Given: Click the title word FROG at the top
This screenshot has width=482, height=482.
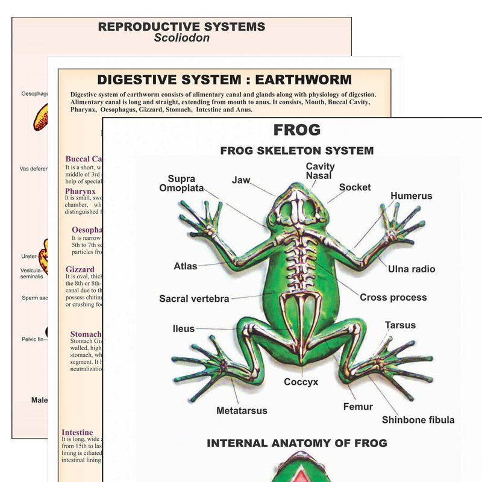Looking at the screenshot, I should (297, 130).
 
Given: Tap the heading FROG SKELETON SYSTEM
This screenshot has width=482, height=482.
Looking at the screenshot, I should (297, 151).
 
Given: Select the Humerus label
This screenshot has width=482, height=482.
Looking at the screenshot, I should (411, 196).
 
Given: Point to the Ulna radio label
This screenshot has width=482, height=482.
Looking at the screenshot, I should (412, 269).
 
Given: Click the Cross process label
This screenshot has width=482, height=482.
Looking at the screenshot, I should (393, 297).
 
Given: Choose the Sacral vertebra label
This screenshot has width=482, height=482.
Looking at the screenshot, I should (194, 298).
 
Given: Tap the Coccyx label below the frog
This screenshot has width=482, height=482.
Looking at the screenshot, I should (301, 382).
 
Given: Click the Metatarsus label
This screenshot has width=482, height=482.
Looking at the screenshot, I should (242, 411).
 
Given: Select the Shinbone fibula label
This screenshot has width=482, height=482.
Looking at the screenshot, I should (418, 419).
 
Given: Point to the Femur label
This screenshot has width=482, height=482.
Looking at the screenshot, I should (358, 407).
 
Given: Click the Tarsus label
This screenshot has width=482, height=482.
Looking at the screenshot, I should (400, 325).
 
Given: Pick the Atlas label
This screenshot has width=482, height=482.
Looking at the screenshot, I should (186, 266).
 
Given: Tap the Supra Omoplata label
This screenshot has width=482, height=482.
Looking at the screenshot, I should (181, 183).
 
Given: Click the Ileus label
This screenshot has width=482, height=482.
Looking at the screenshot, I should (184, 328).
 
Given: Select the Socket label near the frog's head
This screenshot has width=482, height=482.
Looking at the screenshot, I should (355, 187).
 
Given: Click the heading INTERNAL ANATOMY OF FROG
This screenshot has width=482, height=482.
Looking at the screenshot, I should (297, 443).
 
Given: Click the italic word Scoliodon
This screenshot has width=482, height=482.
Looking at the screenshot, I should (181, 38).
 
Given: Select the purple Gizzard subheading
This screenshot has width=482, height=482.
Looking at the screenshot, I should (80, 269).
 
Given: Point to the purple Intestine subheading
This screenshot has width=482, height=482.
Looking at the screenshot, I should (77, 432).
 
